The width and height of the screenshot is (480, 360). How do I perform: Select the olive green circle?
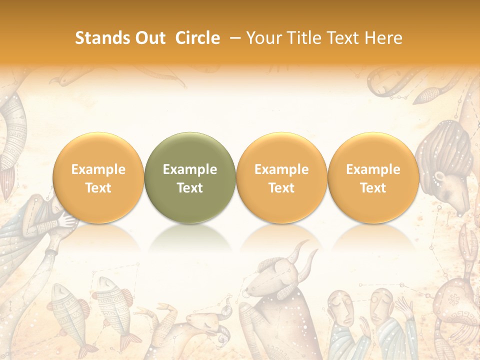pos(190,177)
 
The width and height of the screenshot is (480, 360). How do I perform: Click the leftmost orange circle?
pos(98,177)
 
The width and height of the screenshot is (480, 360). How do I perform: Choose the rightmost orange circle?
pos(373,177)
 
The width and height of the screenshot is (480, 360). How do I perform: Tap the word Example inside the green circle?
pos(190,169)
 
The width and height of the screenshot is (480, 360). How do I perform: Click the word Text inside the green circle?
pos(190,188)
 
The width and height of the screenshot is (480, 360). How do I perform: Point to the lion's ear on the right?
pos(440,177)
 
